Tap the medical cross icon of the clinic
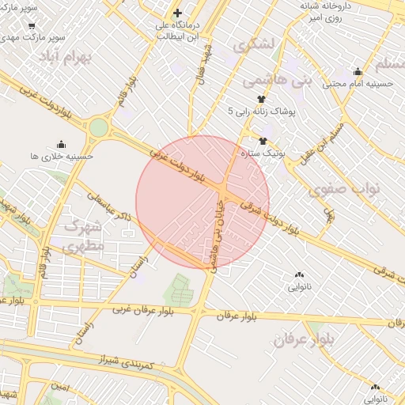[x=177, y=13]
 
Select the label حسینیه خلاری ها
[x=62, y=157]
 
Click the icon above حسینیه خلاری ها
[x=62, y=143]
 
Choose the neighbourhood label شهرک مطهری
[x=81, y=235]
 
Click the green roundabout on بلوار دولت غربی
[x=98, y=127]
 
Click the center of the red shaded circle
[x=202, y=202]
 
